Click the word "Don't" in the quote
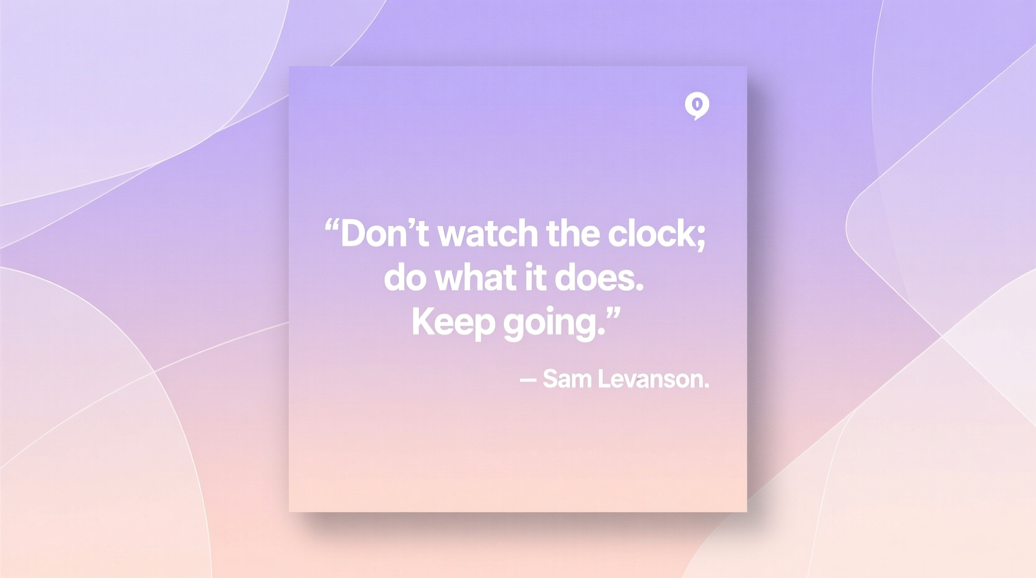[384, 234]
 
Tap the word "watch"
[487, 234]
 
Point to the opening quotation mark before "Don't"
[332, 225]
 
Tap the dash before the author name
[528, 379]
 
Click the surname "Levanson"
[650, 379]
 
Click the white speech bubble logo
[697, 105]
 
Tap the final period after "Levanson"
[706, 386]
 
